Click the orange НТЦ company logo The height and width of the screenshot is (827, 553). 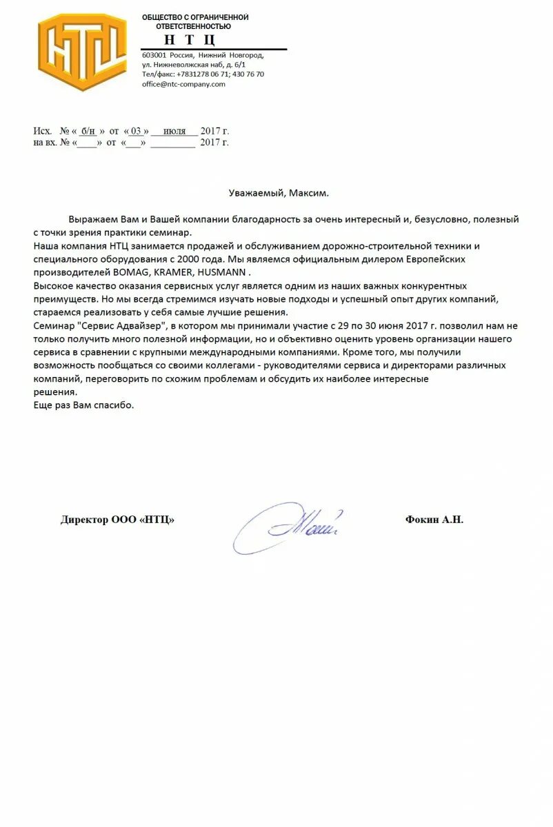click(x=82, y=52)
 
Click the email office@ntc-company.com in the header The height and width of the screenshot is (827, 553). click(x=183, y=84)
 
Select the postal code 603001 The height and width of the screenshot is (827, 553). click(x=154, y=54)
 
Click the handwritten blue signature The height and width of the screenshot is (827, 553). click(x=290, y=525)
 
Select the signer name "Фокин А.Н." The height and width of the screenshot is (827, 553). click(x=434, y=520)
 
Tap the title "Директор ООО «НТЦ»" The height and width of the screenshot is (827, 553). click(x=117, y=520)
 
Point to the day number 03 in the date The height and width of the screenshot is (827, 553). click(x=137, y=131)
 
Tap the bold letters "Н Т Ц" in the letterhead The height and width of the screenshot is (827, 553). click(x=190, y=39)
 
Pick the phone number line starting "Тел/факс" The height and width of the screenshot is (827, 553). click(x=203, y=74)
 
